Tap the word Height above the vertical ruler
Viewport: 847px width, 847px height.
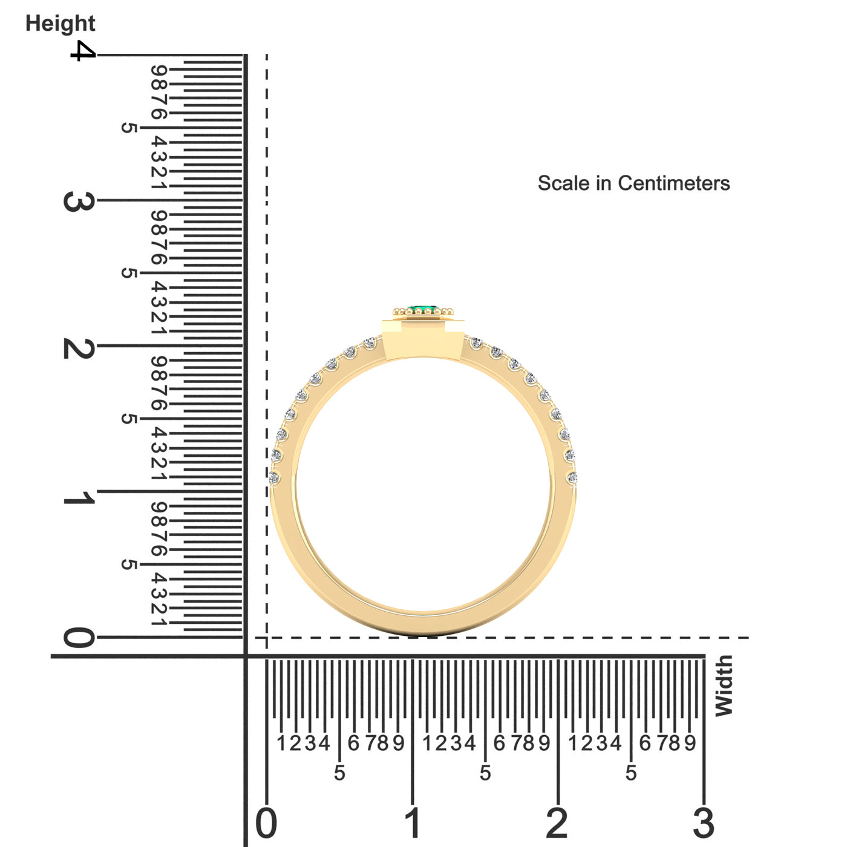tap(60, 24)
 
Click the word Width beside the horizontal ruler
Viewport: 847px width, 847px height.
tap(723, 685)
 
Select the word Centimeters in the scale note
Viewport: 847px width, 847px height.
tap(674, 183)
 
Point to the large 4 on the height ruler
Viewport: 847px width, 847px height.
tap(83, 51)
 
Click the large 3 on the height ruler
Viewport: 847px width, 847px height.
tap(79, 201)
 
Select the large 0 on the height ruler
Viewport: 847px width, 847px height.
tap(79, 637)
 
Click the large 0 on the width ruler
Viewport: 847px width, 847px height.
tap(266, 823)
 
